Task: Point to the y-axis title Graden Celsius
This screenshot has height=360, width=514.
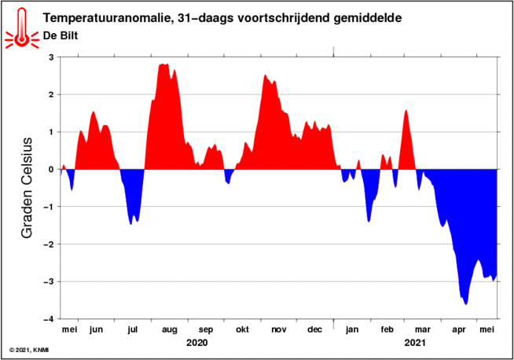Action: point(27,188)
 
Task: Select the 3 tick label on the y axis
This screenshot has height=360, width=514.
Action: point(51,57)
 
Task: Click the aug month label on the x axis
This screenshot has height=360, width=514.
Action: point(170,330)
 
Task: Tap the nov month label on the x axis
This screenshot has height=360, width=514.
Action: point(279,330)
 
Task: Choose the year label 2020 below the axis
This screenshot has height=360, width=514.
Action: point(197,343)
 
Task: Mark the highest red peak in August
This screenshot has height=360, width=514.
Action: point(163,66)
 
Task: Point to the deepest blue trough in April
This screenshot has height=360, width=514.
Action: point(466,303)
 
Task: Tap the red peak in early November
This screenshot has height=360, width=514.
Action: point(266,76)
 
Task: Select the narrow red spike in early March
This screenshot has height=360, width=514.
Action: point(406,112)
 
